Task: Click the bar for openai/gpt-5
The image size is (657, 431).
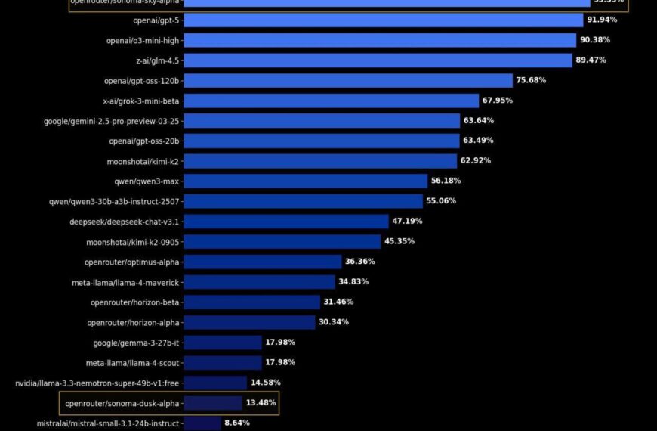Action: (383, 20)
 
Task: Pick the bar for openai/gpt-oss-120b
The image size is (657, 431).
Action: (348, 80)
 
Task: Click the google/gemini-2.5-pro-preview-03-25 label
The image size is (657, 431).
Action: (112, 121)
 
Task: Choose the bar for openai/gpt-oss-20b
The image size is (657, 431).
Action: (321, 141)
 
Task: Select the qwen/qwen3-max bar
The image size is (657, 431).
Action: (305, 181)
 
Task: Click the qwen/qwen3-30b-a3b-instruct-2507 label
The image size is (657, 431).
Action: (114, 201)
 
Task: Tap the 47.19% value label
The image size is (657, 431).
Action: (407, 222)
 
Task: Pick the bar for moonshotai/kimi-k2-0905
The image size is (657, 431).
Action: (282, 241)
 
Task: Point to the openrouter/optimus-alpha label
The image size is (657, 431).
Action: (132, 262)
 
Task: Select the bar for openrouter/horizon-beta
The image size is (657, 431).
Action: (251, 302)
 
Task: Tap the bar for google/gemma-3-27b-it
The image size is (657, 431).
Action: (222, 343)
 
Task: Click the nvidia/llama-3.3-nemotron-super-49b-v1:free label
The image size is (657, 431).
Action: (97, 383)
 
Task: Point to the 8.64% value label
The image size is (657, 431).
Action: (236, 423)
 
